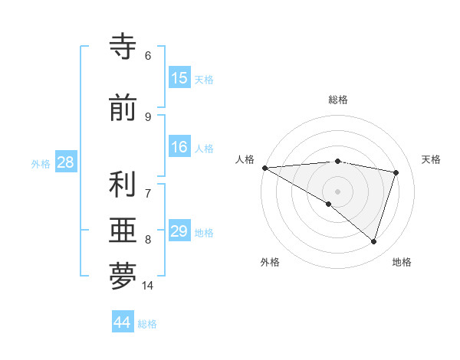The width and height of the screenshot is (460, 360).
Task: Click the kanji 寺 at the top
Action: (123, 47)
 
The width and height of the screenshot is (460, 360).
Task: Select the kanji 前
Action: (123, 109)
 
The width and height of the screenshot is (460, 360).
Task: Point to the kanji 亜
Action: (123, 231)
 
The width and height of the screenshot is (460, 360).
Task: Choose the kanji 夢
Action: (123, 277)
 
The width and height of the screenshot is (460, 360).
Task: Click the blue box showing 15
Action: (179, 78)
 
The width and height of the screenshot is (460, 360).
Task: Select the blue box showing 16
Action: (179, 147)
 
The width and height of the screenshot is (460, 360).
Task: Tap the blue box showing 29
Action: (179, 231)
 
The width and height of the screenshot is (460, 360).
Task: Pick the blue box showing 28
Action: (65, 162)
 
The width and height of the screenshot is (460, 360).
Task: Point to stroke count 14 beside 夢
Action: (147, 286)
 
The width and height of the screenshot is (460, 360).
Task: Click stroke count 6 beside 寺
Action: (147, 56)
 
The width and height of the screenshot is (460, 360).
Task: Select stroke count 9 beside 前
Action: (147, 117)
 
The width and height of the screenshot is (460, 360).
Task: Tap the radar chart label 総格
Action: (337, 100)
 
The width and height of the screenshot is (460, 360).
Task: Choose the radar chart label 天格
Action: (431, 159)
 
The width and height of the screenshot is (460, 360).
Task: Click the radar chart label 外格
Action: (270, 262)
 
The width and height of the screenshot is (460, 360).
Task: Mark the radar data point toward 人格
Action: (264, 168)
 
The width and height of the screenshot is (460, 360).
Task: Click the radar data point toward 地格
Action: (373, 242)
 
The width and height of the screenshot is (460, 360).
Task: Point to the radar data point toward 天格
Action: (396, 172)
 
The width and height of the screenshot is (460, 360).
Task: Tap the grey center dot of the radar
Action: (337, 190)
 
